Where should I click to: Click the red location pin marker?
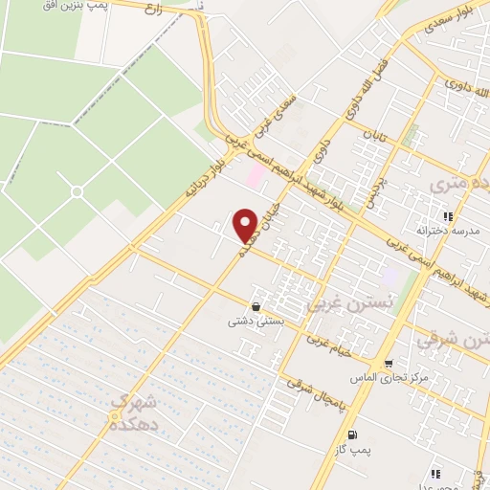coord(246,224)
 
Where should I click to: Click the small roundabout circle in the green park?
coord(77,191)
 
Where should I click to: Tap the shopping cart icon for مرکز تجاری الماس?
coord(388,363)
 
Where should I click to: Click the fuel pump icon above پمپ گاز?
coord(352,434)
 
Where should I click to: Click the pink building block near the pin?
coord(254,175)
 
